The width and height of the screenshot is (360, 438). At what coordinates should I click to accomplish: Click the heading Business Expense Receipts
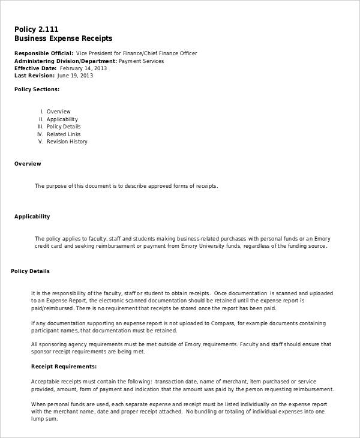tap(63, 38)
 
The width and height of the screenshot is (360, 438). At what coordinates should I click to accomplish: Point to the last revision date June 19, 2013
tap(75, 76)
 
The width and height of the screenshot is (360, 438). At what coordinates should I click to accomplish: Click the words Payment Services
tap(141, 61)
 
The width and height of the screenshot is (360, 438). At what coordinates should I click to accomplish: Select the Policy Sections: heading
tap(37, 89)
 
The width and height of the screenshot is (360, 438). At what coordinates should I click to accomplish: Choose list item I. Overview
tap(56, 112)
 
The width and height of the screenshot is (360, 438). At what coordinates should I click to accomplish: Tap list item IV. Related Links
tap(59, 134)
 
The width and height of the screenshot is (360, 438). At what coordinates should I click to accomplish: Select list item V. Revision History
tap(63, 142)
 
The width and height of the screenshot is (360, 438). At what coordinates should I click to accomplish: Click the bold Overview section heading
tap(28, 164)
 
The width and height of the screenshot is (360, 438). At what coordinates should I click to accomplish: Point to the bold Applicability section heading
tap(32, 217)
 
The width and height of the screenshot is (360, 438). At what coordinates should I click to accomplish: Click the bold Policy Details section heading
tap(31, 271)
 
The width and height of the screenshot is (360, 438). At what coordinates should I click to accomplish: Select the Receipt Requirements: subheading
tap(63, 367)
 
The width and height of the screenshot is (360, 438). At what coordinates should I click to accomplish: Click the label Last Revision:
tap(34, 76)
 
